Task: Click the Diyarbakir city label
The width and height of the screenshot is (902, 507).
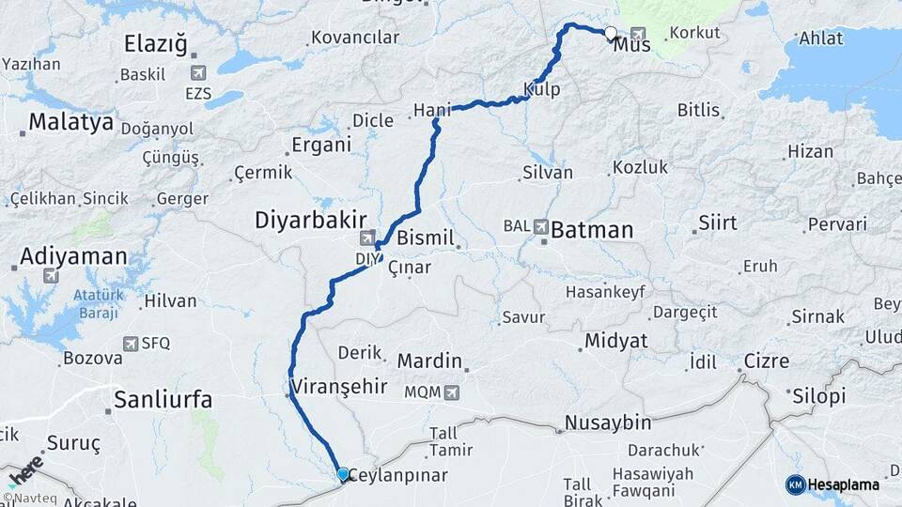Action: click(310, 221)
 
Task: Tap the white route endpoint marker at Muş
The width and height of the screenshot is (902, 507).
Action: click(611, 34)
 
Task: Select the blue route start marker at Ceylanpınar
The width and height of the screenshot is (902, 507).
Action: click(343, 475)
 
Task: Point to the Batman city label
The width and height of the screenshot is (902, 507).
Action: click(592, 229)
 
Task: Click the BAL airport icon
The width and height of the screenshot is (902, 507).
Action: click(541, 226)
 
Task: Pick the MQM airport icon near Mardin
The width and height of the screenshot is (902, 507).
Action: click(453, 392)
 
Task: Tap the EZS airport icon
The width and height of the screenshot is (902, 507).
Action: click(197, 72)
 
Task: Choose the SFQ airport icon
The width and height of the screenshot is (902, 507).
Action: click(130, 345)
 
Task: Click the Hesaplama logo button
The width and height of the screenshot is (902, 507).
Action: click(832, 484)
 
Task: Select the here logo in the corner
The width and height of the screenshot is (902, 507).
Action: click(25, 471)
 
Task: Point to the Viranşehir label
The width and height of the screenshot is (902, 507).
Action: click(337, 387)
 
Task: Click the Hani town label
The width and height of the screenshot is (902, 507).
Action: click(432, 111)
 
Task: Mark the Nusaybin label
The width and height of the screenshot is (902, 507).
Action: click(607, 424)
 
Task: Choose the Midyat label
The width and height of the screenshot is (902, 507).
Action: click(615, 340)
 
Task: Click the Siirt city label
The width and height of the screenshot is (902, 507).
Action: click(718, 223)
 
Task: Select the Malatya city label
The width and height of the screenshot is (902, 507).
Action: click(70, 122)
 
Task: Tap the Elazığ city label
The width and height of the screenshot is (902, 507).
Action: click(156, 44)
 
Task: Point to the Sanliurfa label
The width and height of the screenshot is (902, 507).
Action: click(163, 400)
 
